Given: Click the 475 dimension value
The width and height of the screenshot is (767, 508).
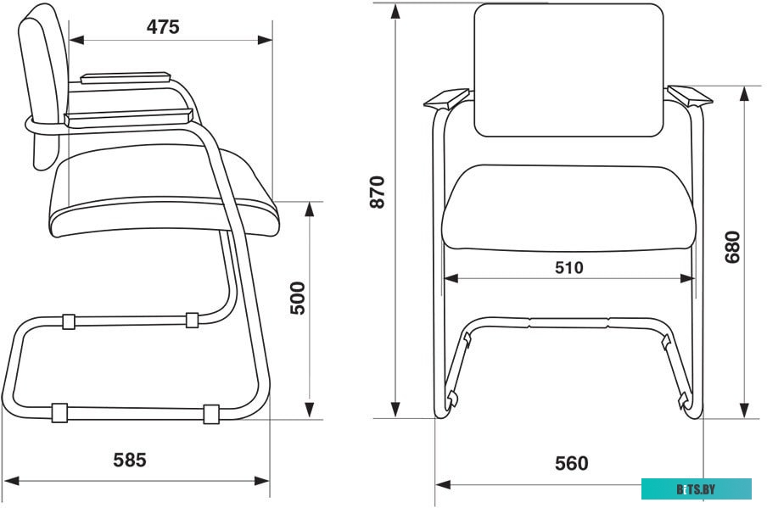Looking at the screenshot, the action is (x=163, y=27).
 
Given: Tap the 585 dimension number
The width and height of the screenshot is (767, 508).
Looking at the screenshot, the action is (x=130, y=461).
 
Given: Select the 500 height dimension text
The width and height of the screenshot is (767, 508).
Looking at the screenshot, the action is (x=298, y=298).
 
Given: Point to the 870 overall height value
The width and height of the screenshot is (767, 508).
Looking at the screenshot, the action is (x=378, y=193).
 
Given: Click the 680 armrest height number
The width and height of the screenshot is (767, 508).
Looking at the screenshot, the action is (x=732, y=247).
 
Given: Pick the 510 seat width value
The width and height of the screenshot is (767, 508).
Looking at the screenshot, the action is (x=569, y=267).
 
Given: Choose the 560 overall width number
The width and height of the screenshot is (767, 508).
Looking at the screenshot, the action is (x=571, y=463).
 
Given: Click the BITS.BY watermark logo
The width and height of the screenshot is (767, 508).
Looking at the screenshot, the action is (x=696, y=489).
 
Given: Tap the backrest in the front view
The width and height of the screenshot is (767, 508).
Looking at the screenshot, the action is (x=569, y=70).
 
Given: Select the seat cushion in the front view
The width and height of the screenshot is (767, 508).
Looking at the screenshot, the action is (x=568, y=209).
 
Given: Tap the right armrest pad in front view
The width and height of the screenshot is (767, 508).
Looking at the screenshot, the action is (x=690, y=96).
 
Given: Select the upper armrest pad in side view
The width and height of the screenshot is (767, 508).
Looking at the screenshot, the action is (x=126, y=78).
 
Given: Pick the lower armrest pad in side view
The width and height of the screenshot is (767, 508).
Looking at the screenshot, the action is (x=129, y=118).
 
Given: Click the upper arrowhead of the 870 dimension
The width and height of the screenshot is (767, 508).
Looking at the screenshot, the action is (x=395, y=12).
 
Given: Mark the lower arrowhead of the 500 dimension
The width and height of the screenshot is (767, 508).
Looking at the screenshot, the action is (x=309, y=410).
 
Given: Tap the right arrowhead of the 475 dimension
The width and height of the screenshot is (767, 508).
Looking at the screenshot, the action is (x=265, y=40).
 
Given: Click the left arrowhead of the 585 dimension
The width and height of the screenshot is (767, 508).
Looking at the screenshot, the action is (x=11, y=481).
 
